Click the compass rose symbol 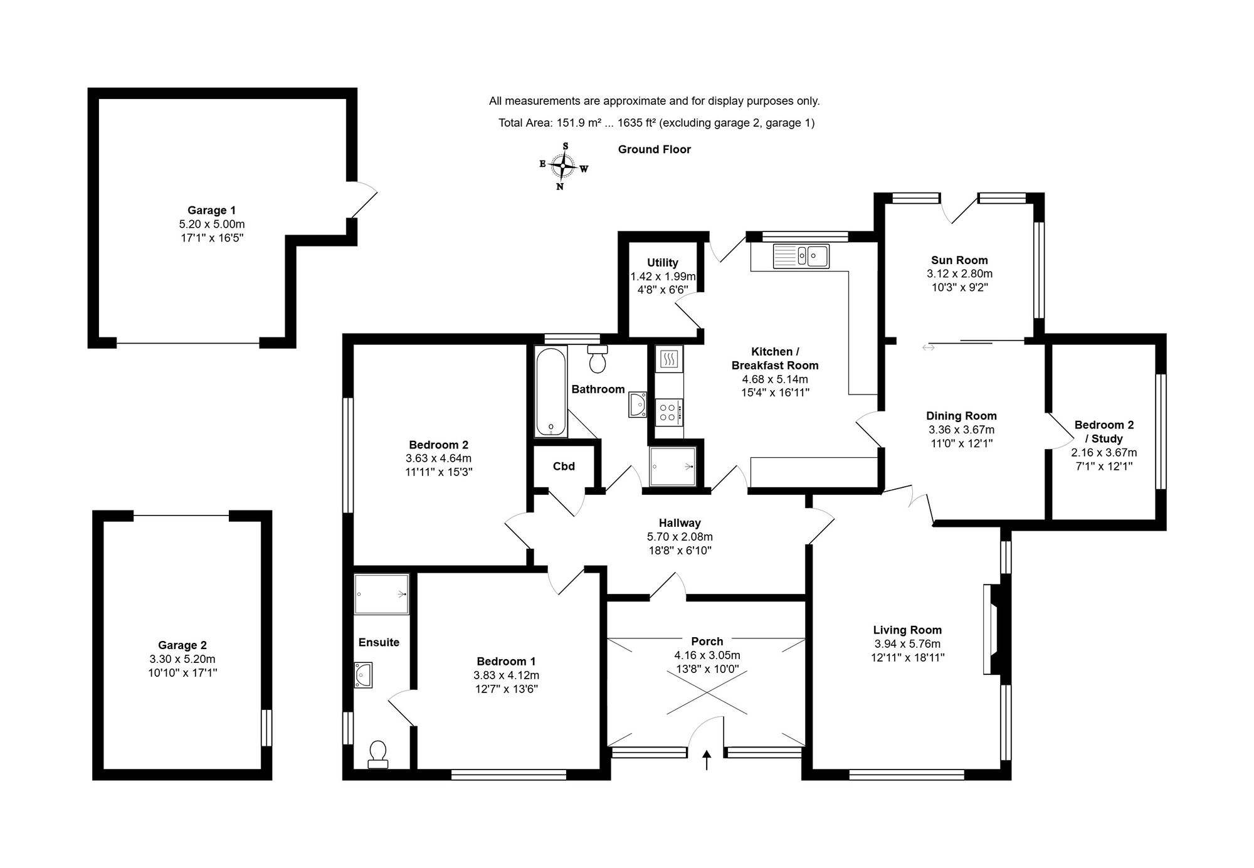(x=564, y=166)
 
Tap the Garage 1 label (x=211, y=211)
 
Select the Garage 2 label (x=182, y=645)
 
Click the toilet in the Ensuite (x=378, y=754)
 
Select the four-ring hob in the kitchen (x=669, y=411)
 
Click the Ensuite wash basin (x=363, y=675)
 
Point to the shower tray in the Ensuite (x=382, y=594)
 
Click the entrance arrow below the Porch (x=707, y=760)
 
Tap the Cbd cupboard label (x=564, y=467)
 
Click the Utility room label (x=663, y=263)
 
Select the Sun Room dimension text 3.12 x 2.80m (x=959, y=274)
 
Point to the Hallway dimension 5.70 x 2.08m (x=680, y=537)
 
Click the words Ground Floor (x=655, y=149)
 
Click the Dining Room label (x=961, y=416)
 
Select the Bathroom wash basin (x=638, y=405)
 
